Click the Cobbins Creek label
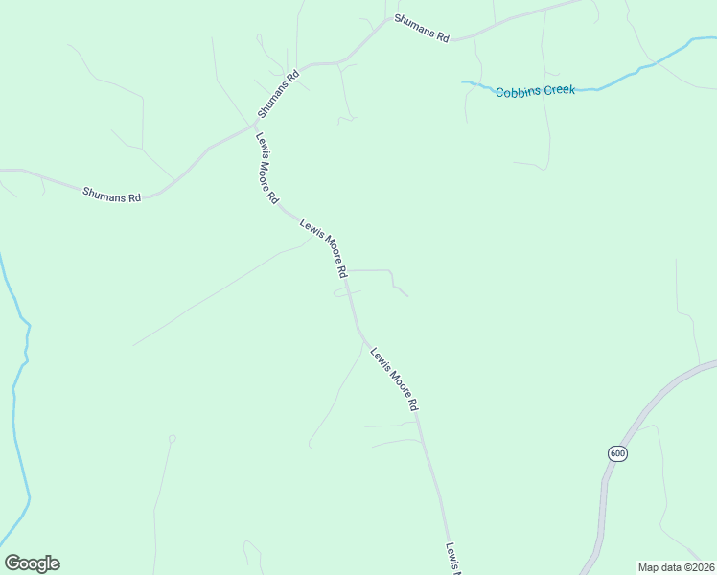[535, 91]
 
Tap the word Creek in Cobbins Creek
[558, 90]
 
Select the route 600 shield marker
[616, 453]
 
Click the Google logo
[32, 563]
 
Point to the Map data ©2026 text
[677, 567]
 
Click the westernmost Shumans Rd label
[112, 195]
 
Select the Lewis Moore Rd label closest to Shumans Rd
[266, 168]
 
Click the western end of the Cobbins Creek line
[464, 82]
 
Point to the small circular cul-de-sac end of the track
[173, 439]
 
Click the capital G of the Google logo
[12, 563]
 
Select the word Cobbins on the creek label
[517, 92]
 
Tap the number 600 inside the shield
[616, 453]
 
